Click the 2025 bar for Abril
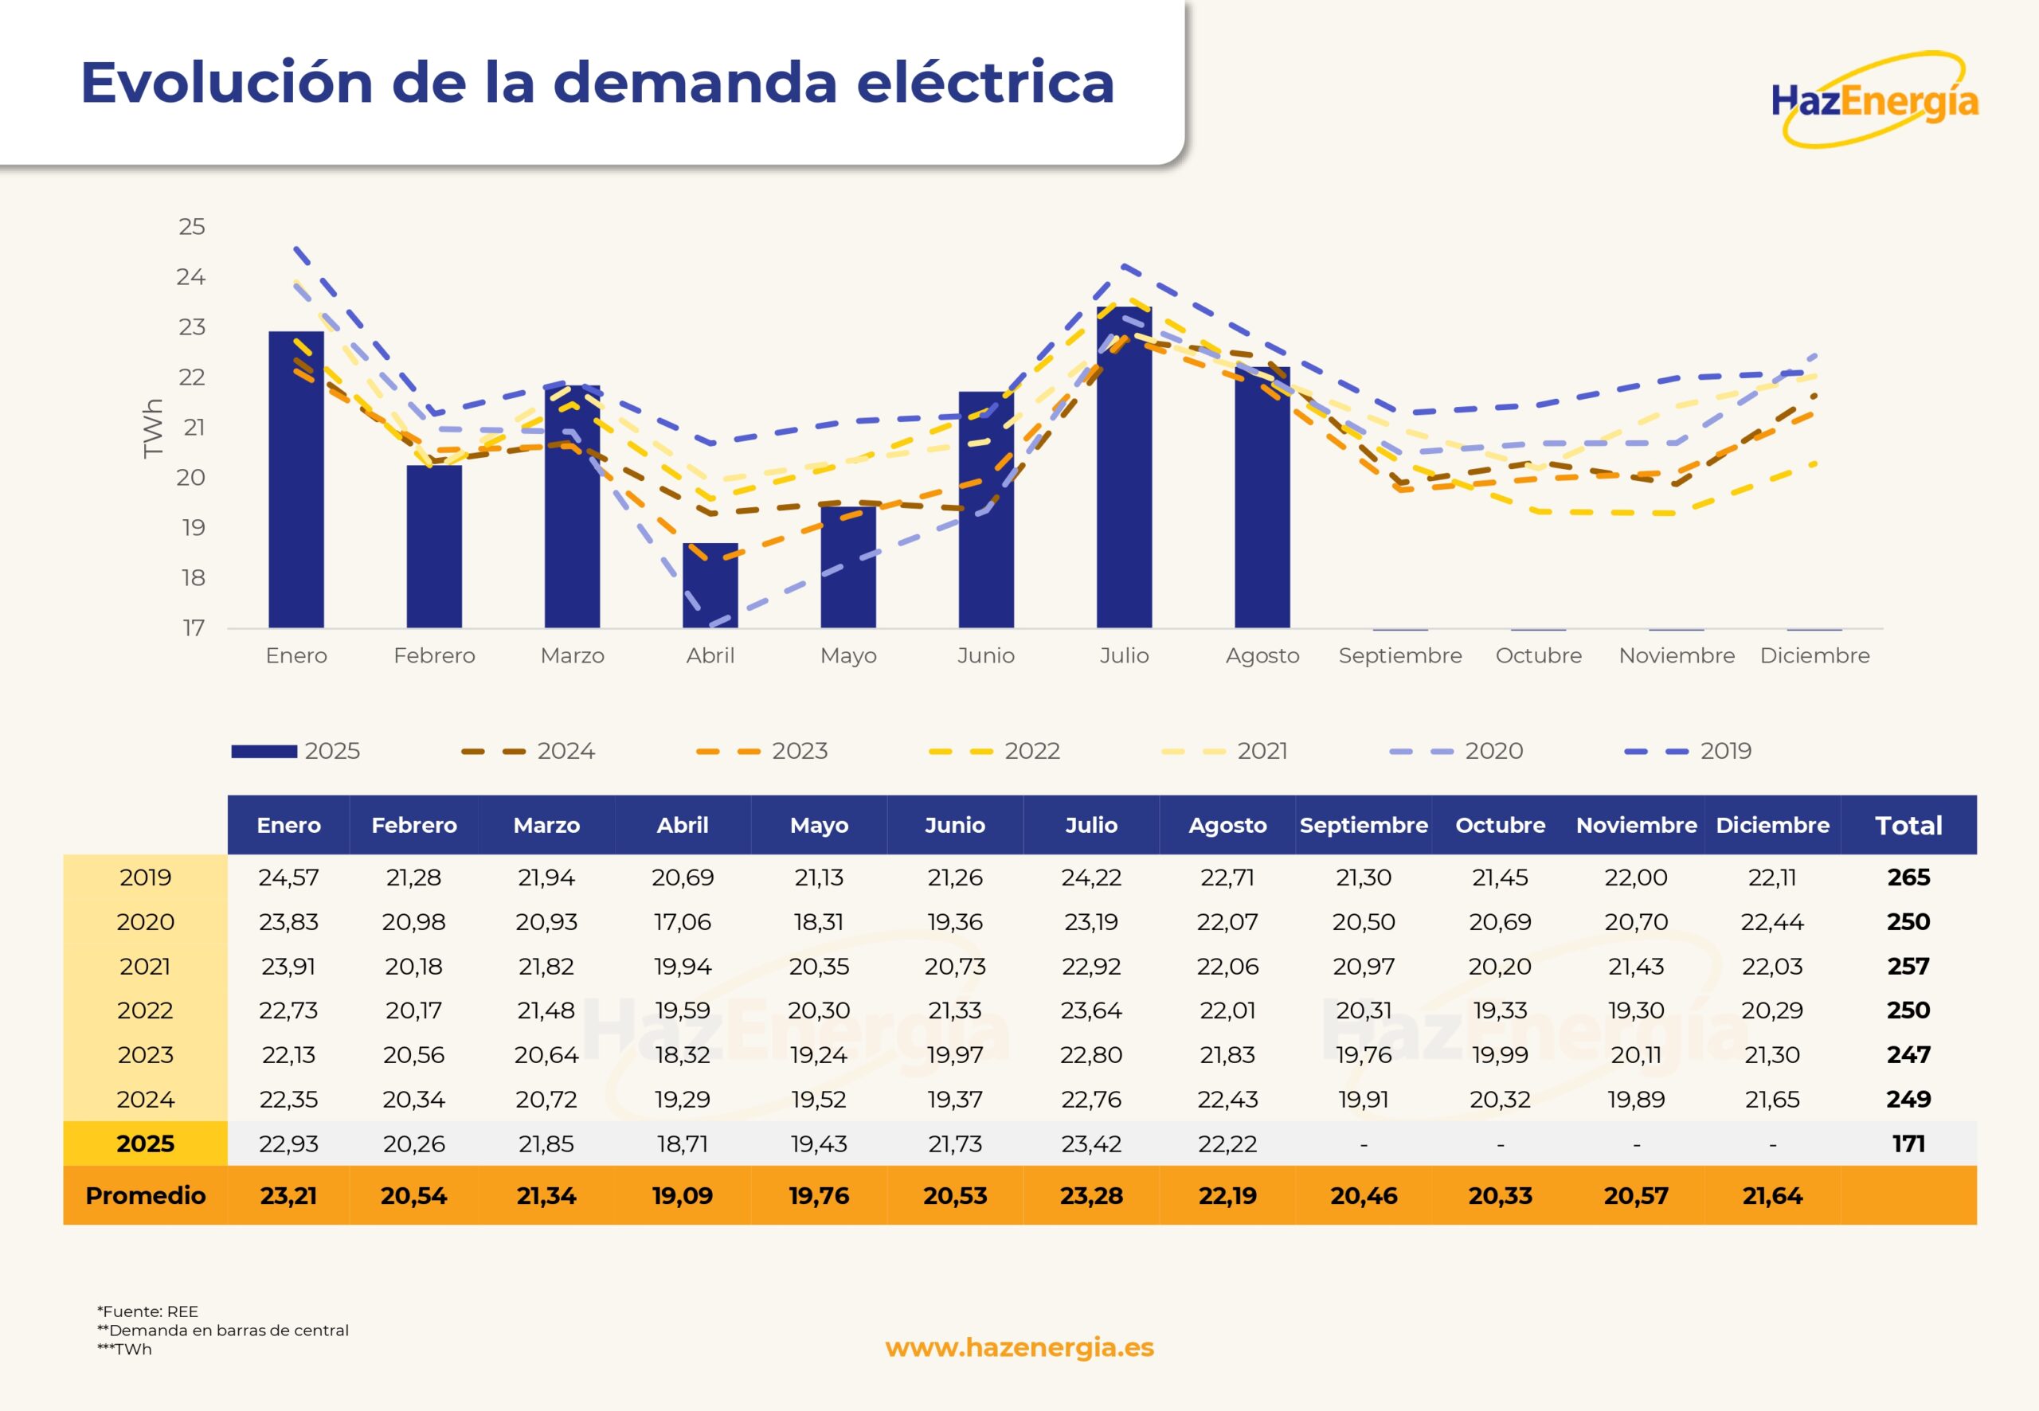(x=710, y=585)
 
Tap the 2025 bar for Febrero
(x=434, y=546)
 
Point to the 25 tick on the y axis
(x=192, y=227)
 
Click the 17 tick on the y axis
(x=194, y=628)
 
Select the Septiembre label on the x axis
(x=1399, y=656)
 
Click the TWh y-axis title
(x=153, y=428)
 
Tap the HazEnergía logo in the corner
(x=1875, y=100)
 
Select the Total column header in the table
(x=1908, y=826)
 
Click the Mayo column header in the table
(x=819, y=826)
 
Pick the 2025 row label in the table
(x=146, y=1144)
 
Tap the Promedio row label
(x=146, y=1196)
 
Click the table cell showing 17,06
(x=683, y=922)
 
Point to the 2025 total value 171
(x=1908, y=1144)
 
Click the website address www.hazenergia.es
(x=1019, y=1347)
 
